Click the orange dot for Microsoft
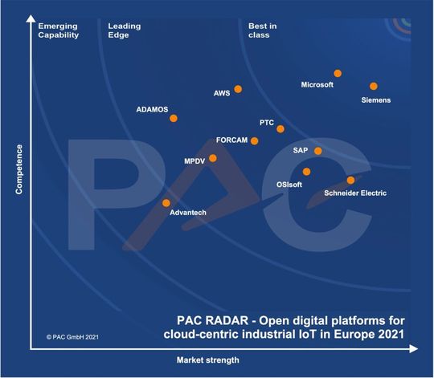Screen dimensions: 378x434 click(338, 73)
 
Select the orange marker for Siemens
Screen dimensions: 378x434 click(374, 86)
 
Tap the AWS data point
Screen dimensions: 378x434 click(238, 89)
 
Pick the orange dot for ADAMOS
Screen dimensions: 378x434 click(174, 119)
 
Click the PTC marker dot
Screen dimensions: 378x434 click(280, 128)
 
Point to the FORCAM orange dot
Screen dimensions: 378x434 click(255, 140)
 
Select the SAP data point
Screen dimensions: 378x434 click(318, 151)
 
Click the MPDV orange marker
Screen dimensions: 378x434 click(213, 158)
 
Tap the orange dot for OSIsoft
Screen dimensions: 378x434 click(306, 171)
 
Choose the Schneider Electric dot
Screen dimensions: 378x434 click(350, 180)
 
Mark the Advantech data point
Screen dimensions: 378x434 click(166, 203)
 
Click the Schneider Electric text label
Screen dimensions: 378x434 click(354, 193)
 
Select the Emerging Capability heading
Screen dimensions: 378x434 click(59, 30)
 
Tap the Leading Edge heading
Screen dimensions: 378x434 click(125, 30)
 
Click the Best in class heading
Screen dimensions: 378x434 click(262, 30)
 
